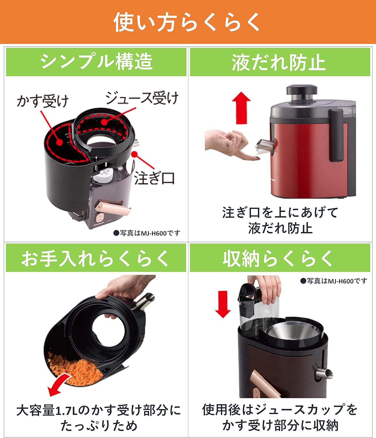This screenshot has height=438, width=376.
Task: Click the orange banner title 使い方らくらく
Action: (x=187, y=22)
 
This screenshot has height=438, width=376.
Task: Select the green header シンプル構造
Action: (x=96, y=62)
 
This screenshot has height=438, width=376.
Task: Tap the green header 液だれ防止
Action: (x=279, y=62)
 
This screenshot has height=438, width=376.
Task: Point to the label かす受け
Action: (x=43, y=101)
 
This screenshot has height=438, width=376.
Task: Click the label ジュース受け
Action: (x=142, y=98)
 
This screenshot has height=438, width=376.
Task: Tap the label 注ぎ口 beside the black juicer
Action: (x=154, y=178)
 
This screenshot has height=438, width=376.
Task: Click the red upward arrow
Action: (x=241, y=107)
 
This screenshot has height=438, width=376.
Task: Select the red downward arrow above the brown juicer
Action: (x=223, y=304)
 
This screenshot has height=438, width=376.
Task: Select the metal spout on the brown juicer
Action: (x=324, y=373)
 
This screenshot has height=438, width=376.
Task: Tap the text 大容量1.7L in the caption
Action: (x=47, y=410)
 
